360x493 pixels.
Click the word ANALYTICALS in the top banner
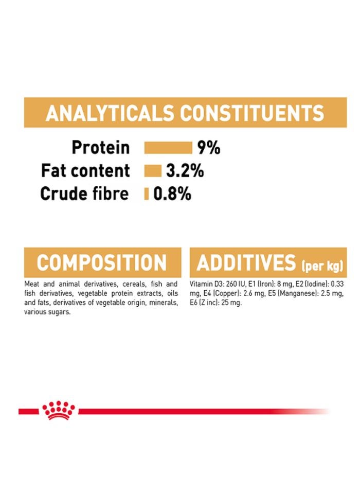[109, 113]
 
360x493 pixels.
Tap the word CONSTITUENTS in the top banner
[251, 113]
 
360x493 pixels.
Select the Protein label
[101, 148]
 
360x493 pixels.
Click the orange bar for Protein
[168, 148]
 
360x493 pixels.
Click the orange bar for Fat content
[153, 171]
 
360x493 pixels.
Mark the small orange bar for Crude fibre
[147, 194]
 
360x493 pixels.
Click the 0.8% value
[172, 194]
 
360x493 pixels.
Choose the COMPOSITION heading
[102, 263]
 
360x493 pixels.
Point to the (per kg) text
[322, 266]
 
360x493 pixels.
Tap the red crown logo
[58, 410]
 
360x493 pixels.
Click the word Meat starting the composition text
[31, 284]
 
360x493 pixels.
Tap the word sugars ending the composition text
[59, 312]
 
